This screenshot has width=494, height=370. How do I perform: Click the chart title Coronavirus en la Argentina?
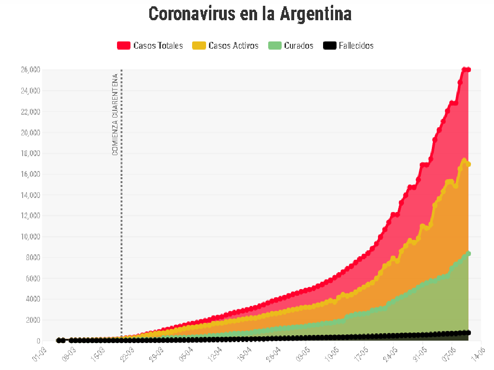(x=250, y=13)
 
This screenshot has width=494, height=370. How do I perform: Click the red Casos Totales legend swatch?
(x=124, y=46)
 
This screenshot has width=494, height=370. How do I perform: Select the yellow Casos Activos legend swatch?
(x=199, y=46)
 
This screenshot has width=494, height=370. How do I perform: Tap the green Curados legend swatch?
(x=274, y=46)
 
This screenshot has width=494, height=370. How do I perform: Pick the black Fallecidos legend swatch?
(x=329, y=46)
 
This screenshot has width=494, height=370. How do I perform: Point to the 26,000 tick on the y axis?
(x=30, y=70)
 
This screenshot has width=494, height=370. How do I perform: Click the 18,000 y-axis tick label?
(x=30, y=153)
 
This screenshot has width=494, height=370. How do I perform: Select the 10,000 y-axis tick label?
(x=30, y=237)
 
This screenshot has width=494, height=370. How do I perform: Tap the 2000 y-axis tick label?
(x=32, y=320)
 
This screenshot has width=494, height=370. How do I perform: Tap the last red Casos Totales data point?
(x=468, y=70)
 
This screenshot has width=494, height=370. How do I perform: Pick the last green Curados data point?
(x=468, y=253)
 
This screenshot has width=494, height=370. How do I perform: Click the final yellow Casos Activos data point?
(x=468, y=164)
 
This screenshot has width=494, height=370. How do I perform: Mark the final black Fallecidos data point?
(x=468, y=332)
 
